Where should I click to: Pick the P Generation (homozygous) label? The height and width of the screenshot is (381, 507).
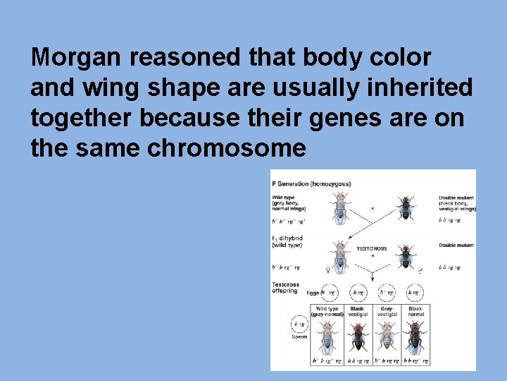[311, 184]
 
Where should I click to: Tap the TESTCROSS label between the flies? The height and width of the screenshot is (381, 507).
[372, 248]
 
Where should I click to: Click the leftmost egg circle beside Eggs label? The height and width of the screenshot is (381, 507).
[327, 291]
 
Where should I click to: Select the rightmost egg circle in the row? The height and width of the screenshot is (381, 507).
[415, 291]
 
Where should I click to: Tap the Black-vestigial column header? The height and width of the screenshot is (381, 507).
[358, 312]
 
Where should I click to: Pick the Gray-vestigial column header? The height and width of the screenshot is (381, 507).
[387, 312]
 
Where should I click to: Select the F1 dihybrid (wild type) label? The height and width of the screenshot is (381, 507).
[288, 241]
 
